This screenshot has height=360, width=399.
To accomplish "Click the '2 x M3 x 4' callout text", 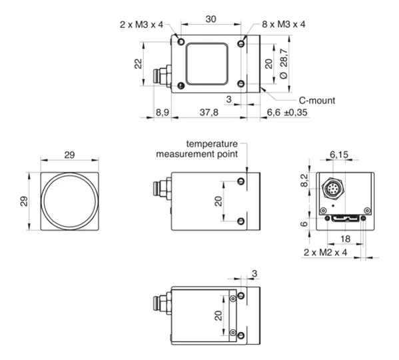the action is (141, 25).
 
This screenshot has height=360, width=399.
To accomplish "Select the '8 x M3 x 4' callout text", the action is (284, 25).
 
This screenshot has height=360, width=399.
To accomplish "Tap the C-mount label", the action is (317, 101).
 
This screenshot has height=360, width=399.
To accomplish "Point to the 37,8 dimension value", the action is (209, 112).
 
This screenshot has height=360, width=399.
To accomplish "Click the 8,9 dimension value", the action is (163, 112).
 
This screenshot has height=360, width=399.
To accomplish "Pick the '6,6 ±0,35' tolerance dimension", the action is (287, 112).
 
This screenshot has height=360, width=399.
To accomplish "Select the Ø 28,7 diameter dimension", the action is (284, 63).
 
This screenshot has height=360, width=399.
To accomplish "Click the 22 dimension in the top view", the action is (138, 63).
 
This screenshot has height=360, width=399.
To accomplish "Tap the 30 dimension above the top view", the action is (211, 19).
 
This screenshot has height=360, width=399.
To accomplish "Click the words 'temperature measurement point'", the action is (197, 149).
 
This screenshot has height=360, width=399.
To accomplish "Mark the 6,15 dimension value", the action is (338, 155).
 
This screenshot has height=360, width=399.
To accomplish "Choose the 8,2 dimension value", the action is (304, 180).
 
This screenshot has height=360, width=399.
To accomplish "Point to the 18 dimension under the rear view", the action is (345, 239).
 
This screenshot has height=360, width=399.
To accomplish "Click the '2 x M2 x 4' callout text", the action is (325, 252).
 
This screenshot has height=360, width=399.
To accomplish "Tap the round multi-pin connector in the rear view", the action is (333, 189).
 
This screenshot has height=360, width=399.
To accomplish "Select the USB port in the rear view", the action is (346, 218).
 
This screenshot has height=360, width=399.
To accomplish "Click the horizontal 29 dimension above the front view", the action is (69, 155).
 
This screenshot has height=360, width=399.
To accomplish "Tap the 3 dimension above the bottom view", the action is (254, 273).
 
